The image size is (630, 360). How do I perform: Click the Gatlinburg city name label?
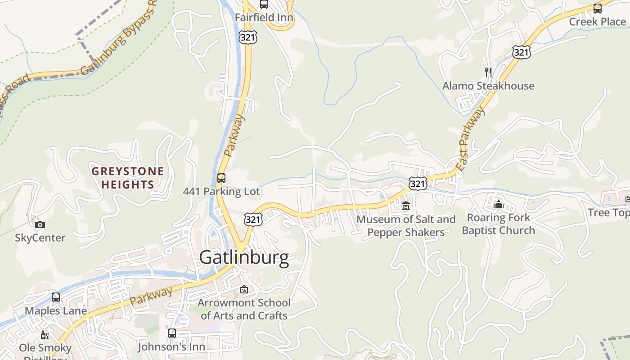click(244, 257)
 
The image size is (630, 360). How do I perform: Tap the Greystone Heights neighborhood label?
click(128, 178)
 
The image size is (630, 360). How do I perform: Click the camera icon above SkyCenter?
click(40, 225)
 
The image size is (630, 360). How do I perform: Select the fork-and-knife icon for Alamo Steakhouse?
click(488, 72)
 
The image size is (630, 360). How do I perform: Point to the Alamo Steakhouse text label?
click(488, 86)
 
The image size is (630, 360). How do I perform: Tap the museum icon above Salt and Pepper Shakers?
click(406, 206)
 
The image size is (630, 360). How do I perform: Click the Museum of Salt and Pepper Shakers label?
click(406, 226)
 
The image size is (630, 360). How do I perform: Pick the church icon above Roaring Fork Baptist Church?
click(498, 204)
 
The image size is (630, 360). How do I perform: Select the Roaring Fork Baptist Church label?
click(498, 224)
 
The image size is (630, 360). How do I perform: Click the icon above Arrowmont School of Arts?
click(244, 289)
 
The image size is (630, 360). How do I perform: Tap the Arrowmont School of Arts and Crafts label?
click(244, 309)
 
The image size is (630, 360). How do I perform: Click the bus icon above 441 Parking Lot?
click(221, 178)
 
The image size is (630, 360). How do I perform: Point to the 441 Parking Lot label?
click(221, 192)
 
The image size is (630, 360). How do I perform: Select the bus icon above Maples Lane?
click(56, 297)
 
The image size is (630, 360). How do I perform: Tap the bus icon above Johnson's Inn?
click(171, 333)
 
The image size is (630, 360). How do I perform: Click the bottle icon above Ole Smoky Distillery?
click(45, 335)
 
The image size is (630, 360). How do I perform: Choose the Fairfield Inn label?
click(264, 18)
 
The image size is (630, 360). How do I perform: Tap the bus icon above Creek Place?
click(597, 8)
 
